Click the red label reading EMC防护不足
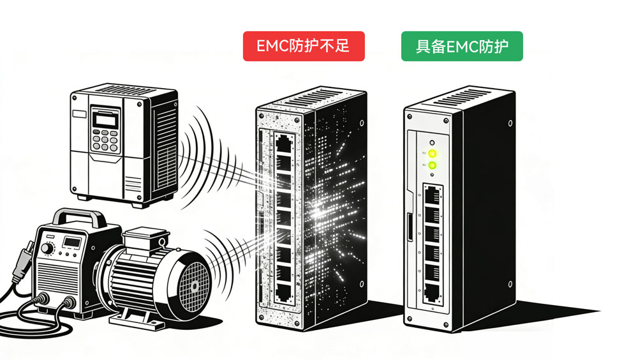[x=304, y=47]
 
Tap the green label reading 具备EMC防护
[x=462, y=47]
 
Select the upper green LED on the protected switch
[x=433, y=153]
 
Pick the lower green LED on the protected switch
[x=433, y=166]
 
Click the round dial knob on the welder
[x=48, y=247]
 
